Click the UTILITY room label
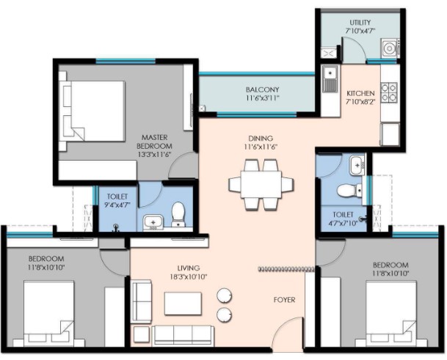[360, 22]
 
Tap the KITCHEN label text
[360, 93]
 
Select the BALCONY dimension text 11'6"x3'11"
[262, 98]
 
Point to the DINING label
[261, 139]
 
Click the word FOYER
[284, 300]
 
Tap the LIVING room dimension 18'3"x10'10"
[189, 276]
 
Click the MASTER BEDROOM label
[154, 142]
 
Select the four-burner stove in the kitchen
[390, 92]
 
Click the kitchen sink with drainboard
[330, 78]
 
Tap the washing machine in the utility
[389, 48]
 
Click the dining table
[261, 184]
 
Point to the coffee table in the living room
[183, 304]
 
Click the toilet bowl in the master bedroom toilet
[178, 215]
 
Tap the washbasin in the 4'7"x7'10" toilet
[357, 165]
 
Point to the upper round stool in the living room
[224, 295]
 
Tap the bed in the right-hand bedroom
[390, 313]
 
